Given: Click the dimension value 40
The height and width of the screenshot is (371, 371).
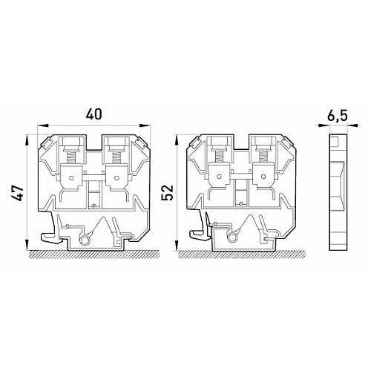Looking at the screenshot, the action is [93, 114].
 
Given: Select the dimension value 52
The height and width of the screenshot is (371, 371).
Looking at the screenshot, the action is [167, 193].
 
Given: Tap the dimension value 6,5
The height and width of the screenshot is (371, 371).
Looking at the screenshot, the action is [338, 116].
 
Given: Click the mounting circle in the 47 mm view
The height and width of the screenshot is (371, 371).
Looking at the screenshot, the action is [85, 240].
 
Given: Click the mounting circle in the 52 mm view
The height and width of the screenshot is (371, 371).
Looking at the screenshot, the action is [232, 237].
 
